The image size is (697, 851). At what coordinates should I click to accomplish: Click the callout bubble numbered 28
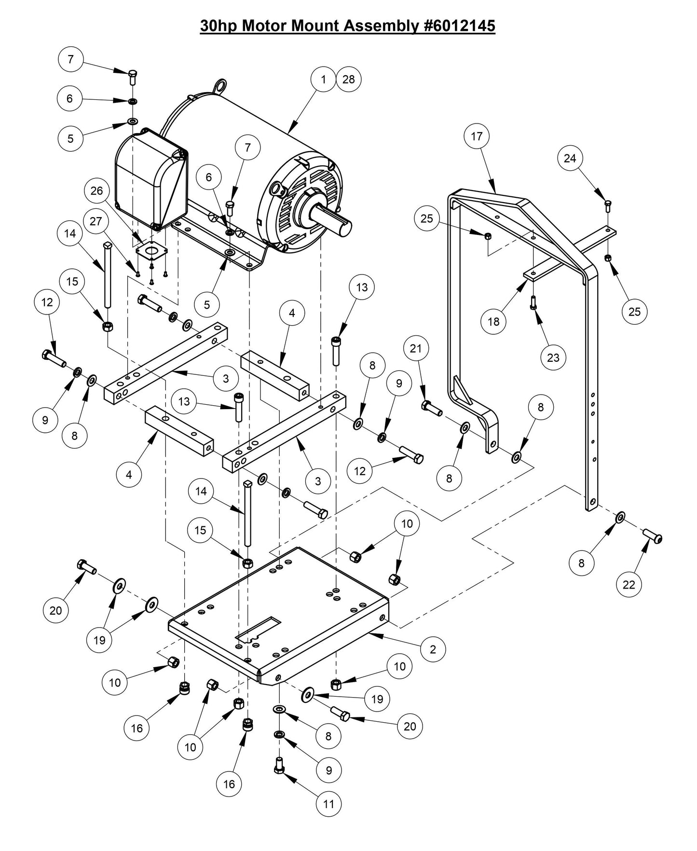click(x=348, y=79)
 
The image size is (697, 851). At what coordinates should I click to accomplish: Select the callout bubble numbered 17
click(x=477, y=137)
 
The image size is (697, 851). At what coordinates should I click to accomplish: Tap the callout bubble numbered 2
click(x=432, y=649)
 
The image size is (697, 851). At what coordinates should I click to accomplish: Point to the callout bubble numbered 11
click(x=328, y=804)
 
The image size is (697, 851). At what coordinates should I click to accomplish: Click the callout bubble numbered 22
click(x=629, y=584)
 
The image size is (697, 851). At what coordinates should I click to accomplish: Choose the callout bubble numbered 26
click(x=97, y=191)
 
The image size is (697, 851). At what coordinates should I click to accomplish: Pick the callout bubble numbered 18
click(x=493, y=321)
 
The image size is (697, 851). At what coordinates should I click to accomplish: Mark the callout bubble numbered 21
click(x=416, y=348)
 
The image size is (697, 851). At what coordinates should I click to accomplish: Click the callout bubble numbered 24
click(x=570, y=158)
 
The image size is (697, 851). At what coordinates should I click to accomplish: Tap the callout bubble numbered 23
click(x=553, y=357)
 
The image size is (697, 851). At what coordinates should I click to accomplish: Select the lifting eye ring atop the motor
click(x=221, y=86)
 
